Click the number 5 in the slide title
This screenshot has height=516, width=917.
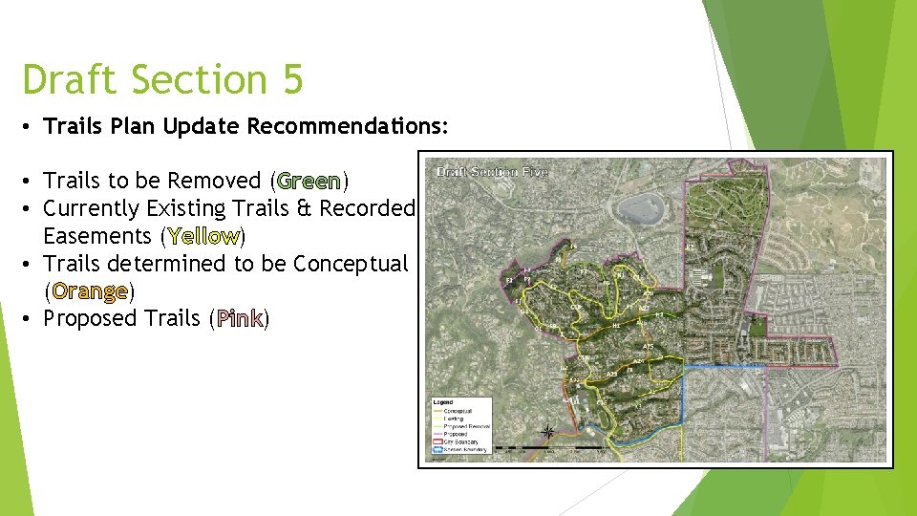coord(290,80)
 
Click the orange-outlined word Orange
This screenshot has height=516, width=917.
coord(90,290)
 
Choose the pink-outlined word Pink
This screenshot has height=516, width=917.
coord(239,318)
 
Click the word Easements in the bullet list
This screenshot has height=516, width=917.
coord(99,235)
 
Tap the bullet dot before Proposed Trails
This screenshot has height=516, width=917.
coord(32,318)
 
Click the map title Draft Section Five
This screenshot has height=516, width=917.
coord(492,172)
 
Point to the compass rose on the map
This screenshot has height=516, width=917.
coord(548,432)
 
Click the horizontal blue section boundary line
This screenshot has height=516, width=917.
coord(724,365)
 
